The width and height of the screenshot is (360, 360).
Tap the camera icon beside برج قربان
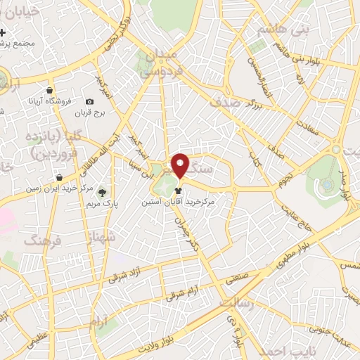[90, 103]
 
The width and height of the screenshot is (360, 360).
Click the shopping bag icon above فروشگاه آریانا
[49, 91]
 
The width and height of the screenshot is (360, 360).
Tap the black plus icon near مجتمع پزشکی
[4, 33]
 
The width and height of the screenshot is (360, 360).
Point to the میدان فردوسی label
[169, 63]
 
